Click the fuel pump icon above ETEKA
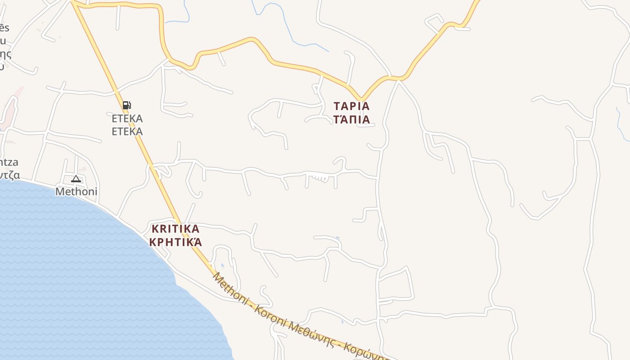pos(126,105)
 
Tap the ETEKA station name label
pos(127,119)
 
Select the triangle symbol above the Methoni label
pos(76,179)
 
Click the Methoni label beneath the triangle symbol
pos(76,192)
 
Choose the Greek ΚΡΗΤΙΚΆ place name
pos(175,243)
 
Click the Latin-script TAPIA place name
pos(351,107)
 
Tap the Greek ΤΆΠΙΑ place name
pos(351,120)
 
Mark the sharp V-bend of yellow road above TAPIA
pos(361,99)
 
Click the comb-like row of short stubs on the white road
pos(320,178)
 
